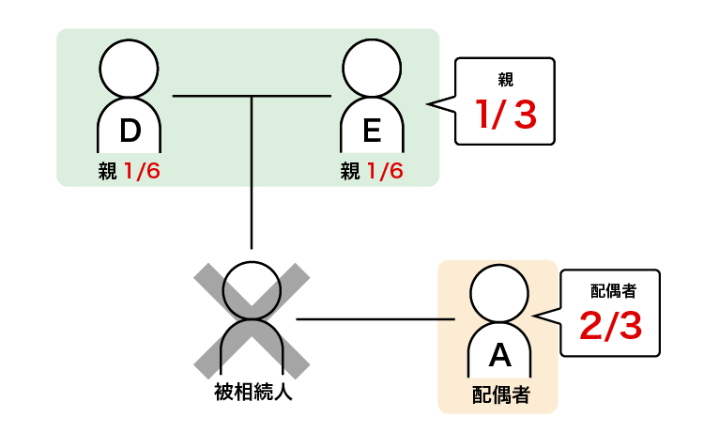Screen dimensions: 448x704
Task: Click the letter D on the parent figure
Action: pyautogui.click(x=130, y=131)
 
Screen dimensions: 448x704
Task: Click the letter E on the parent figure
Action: pyautogui.click(x=372, y=131)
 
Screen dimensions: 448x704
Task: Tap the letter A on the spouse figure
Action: pyautogui.click(x=500, y=354)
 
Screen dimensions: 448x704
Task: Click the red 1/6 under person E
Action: pyautogui.click(x=384, y=172)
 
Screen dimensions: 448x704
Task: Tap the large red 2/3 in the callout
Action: pyautogui.click(x=610, y=326)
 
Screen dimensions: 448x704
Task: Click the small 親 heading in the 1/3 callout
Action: pyautogui.click(x=505, y=80)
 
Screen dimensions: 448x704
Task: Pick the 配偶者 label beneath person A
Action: pyautogui.click(x=499, y=394)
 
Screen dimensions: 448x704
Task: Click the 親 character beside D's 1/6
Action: pyautogui.click(x=107, y=172)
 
